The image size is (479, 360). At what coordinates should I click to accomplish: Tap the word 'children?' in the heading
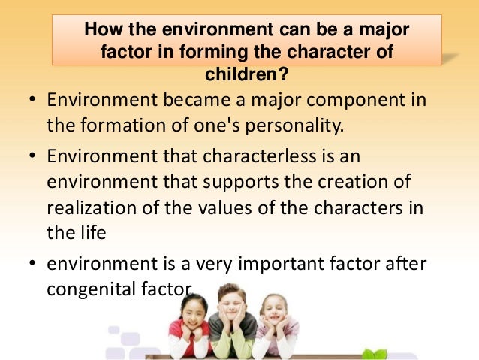tap(247, 74)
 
